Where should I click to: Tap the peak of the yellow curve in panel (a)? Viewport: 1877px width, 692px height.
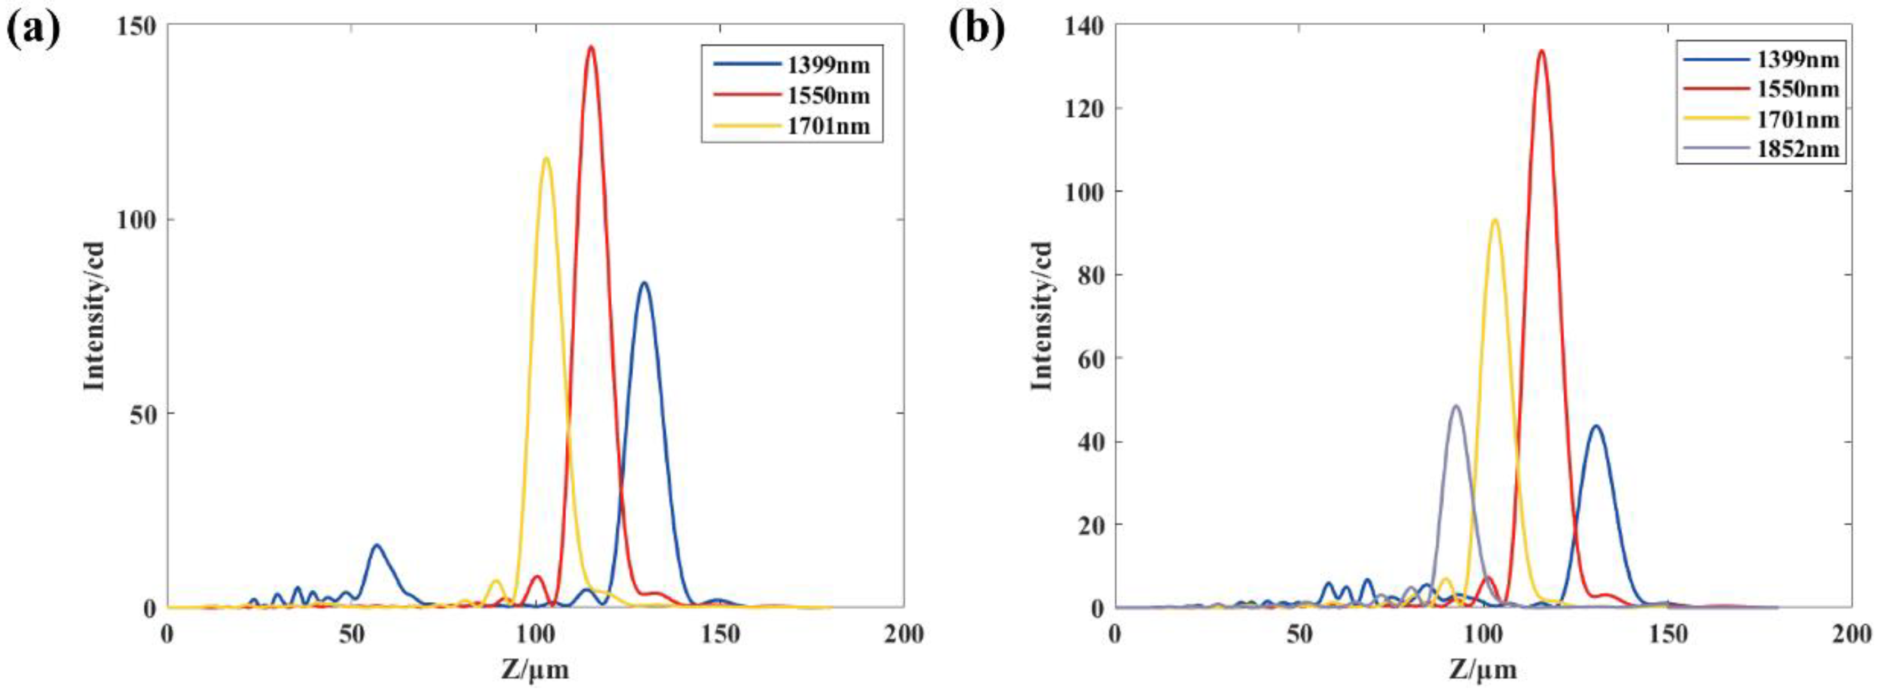point(546,159)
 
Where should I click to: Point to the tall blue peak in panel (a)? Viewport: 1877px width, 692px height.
point(643,284)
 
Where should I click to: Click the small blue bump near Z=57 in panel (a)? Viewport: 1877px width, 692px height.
point(377,546)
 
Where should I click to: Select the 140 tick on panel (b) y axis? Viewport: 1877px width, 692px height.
point(1086,25)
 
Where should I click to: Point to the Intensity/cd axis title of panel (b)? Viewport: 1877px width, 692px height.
point(1042,315)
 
